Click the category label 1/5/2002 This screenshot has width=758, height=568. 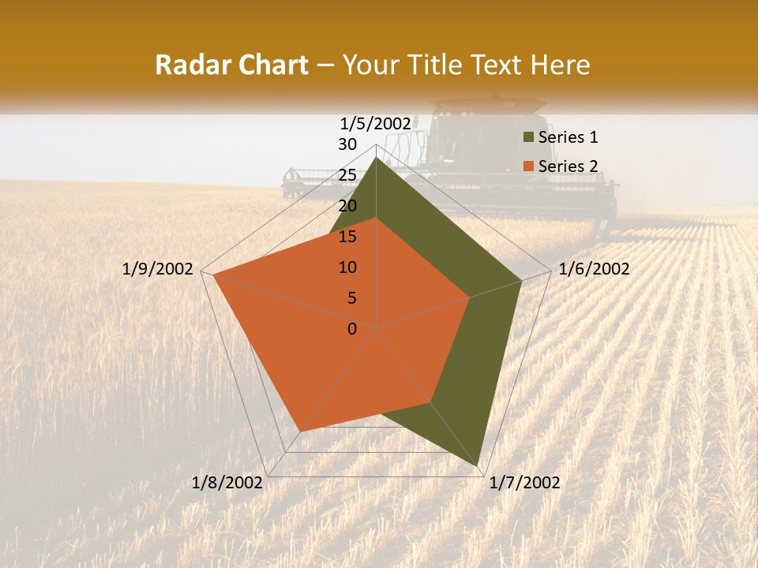click(376, 124)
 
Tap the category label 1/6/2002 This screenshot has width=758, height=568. click(594, 269)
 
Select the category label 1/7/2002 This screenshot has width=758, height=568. click(524, 483)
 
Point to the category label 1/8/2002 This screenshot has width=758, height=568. click(227, 483)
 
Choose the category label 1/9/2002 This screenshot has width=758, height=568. click(158, 269)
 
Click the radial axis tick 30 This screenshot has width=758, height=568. click(347, 144)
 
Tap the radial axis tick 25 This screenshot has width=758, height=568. click(347, 175)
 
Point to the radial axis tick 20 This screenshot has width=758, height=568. click(347, 206)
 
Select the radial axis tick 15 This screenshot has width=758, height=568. click(347, 237)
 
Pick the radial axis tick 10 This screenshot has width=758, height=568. click(347, 267)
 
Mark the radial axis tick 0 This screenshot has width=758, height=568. click(352, 329)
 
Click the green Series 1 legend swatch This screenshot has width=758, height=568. click(527, 137)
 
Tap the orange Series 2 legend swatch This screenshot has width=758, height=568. click(527, 166)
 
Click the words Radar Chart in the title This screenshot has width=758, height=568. click(231, 65)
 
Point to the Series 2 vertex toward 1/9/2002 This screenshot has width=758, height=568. click(213, 275)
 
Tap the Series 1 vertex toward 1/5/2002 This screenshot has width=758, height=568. click(376, 158)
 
